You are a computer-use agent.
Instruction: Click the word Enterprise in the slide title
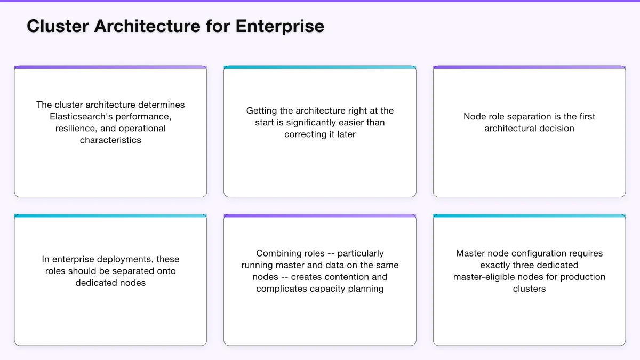(x=280, y=26)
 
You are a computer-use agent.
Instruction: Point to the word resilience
(x=75, y=129)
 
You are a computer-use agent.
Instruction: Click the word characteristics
(x=110, y=140)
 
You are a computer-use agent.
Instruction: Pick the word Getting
(x=261, y=111)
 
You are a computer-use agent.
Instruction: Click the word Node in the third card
(x=474, y=117)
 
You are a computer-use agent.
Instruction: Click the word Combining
(x=280, y=253)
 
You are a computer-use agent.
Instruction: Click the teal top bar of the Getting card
(x=320, y=68)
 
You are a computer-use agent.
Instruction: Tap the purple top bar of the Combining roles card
(x=320, y=216)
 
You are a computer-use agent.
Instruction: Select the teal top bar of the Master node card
(x=529, y=216)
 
